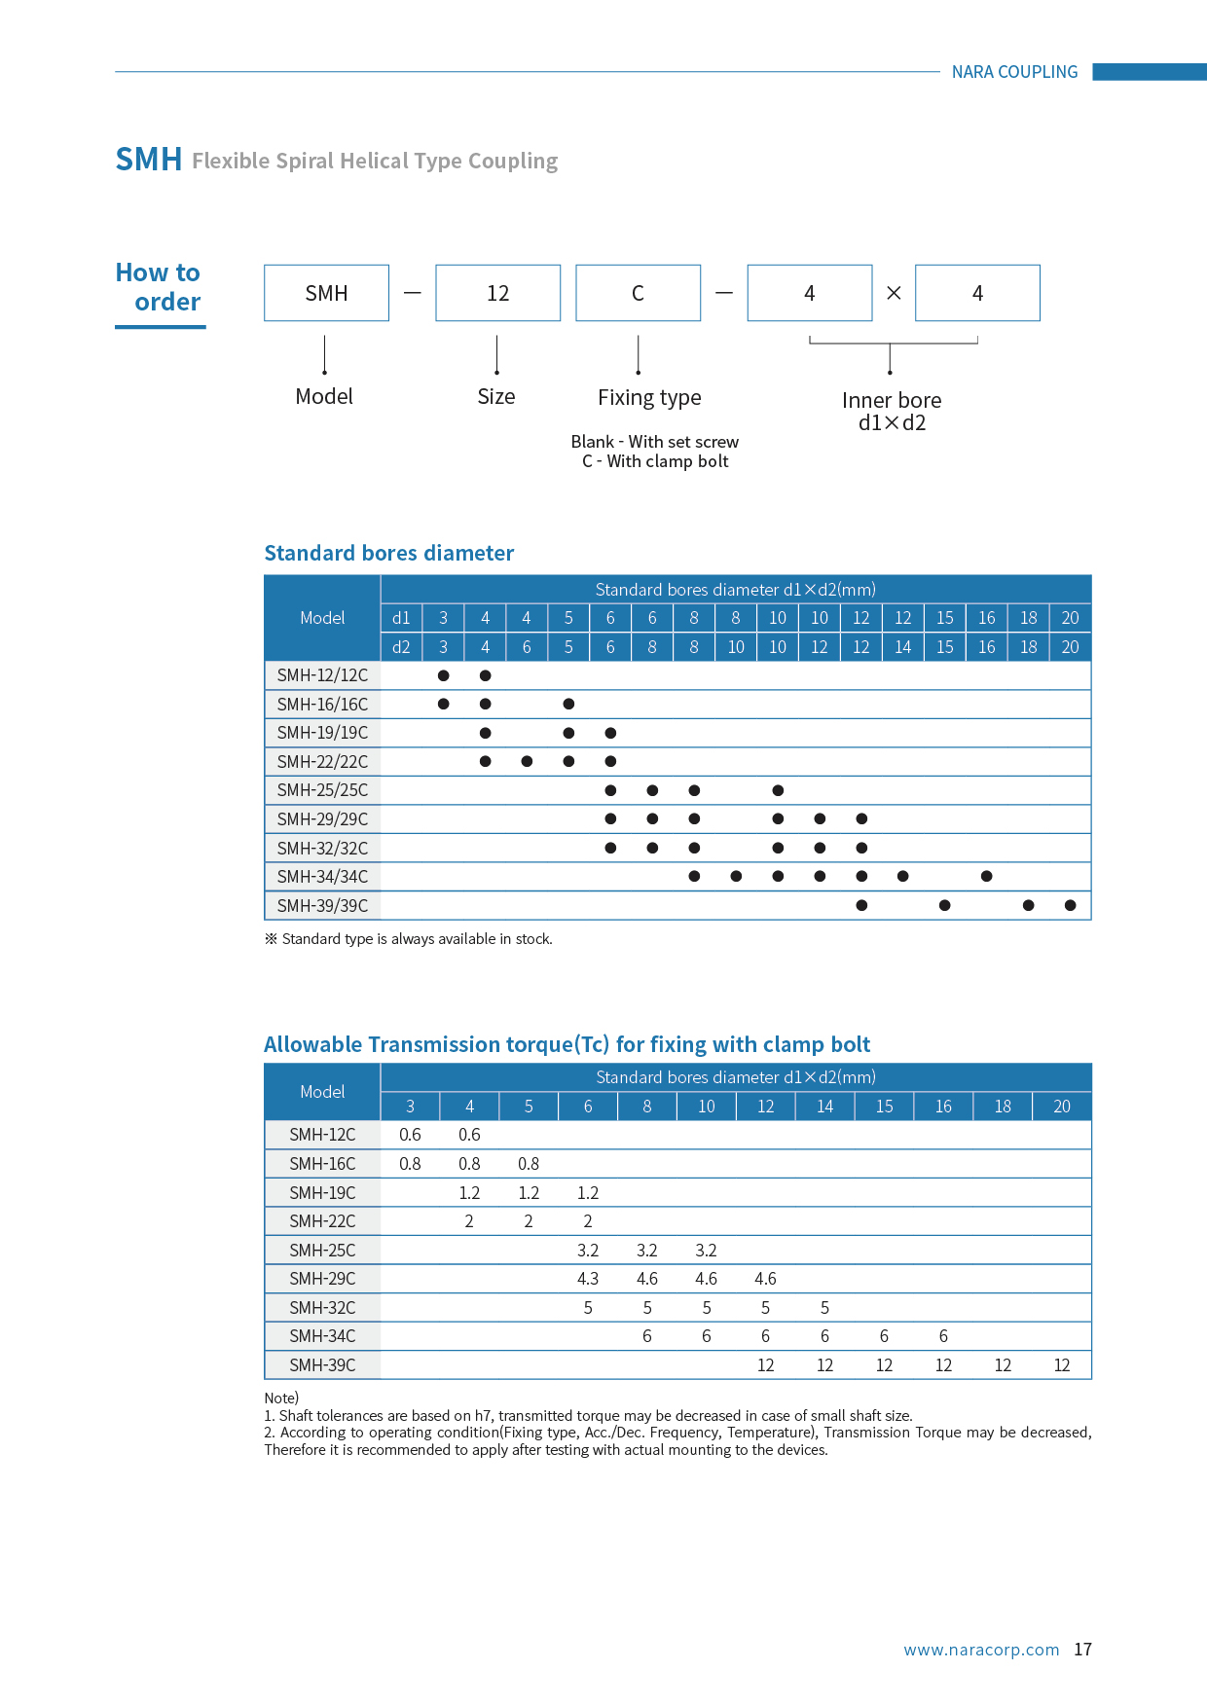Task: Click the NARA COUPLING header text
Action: (x=1014, y=72)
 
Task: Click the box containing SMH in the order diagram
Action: (x=326, y=293)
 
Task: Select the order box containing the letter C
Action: (x=638, y=293)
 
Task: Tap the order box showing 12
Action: (x=497, y=293)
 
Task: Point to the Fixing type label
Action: (x=649, y=397)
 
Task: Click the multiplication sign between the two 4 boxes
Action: (x=894, y=293)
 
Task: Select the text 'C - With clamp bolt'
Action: (x=655, y=461)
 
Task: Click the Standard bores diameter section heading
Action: (x=388, y=553)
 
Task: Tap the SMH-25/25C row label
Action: (x=322, y=790)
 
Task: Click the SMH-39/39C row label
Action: (x=322, y=905)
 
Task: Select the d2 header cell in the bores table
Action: (x=401, y=646)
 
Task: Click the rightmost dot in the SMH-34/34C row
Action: (x=986, y=876)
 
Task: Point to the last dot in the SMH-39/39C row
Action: (x=1070, y=905)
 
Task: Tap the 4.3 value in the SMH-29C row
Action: (x=587, y=1279)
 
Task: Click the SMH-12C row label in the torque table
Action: (x=322, y=1135)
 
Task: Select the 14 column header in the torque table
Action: (x=824, y=1107)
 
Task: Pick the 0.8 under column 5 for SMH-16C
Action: (x=529, y=1164)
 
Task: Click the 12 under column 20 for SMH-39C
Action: (x=1061, y=1365)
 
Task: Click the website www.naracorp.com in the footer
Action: (x=981, y=1650)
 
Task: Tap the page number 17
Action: (x=1082, y=1650)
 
